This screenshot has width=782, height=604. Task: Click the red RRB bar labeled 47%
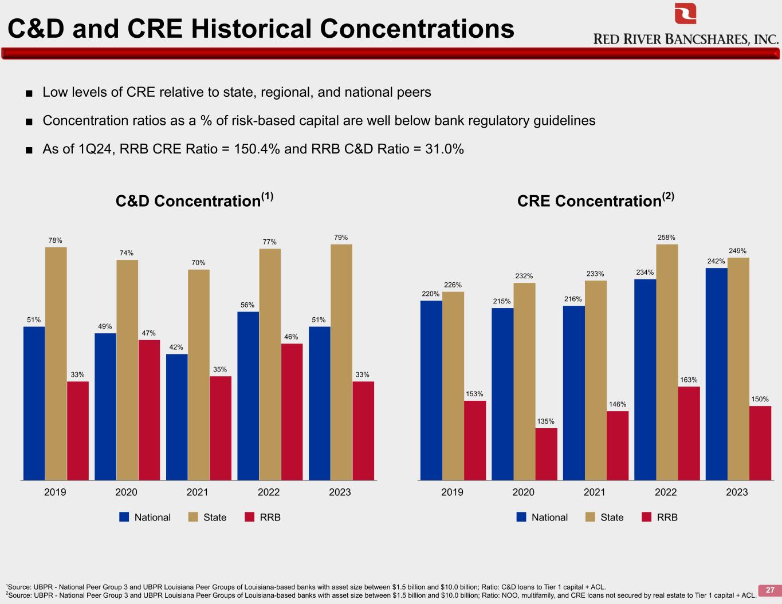click(x=149, y=410)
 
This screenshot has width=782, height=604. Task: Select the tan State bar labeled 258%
click(x=667, y=362)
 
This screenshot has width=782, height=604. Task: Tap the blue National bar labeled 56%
click(x=248, y=396)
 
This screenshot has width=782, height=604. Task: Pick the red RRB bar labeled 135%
click(x=546, y=454)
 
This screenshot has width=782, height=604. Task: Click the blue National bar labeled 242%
click(x=716, y=374)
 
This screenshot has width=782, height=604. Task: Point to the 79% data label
click(x=341, y=237)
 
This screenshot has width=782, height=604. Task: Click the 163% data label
click(x=689, y=380)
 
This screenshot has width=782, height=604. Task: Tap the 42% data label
click(x=176, y=347)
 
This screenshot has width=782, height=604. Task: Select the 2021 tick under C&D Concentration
click(x=197, y=492)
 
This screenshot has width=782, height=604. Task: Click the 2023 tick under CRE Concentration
click(x=737, y=492)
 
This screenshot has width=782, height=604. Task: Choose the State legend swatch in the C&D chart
click(x=193, y=517)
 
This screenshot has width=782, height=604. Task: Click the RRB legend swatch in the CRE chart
click(x=646, y=517)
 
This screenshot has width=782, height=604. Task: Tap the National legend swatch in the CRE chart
click(x=521, y=517)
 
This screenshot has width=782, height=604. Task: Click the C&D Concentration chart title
click(x=194, y=200)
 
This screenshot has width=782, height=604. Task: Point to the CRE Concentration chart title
click(x=596, y=200)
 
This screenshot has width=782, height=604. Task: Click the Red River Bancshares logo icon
click(x=685, y=13)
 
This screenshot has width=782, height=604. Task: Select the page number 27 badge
click(x=770, y=590)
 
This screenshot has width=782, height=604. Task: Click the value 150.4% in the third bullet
click(x=257, y=149)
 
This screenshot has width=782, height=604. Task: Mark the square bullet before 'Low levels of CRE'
click(x=29, y=93)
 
